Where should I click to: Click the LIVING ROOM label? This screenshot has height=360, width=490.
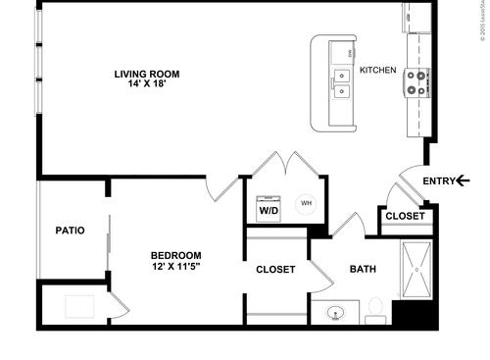(147, 74)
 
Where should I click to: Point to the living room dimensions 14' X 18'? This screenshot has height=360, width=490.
(147, 85)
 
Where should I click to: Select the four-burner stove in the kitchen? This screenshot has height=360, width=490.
(416, 83)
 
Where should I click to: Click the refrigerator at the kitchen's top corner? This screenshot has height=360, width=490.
(417, 18)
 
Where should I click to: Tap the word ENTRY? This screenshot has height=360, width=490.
(439, 180)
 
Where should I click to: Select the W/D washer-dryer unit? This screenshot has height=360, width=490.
(268, 209)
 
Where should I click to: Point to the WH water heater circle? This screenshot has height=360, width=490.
(306, 203)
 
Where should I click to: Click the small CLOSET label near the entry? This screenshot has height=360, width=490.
(405, 216)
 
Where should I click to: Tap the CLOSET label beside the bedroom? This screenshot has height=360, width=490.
(275, 269)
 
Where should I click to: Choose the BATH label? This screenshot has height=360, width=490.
(364, 269)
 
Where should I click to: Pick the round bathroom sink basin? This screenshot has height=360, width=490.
(334, 315)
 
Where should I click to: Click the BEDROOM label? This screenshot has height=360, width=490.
(176, 255)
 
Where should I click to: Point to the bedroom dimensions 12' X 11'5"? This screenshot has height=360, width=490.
(176, 267)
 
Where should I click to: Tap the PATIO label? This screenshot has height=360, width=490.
(70, 231)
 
